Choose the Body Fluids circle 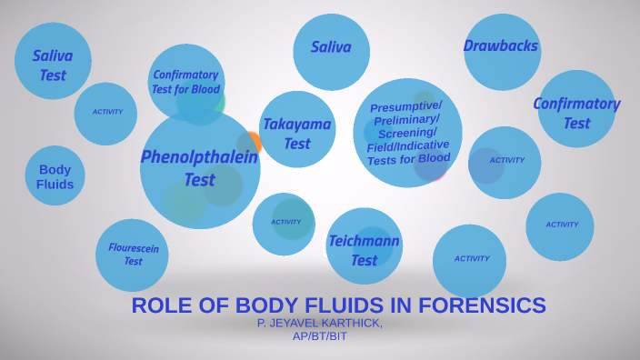point(55,176)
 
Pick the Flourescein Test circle point(133,255)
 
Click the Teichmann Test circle point(364,250)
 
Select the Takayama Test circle point(297,132)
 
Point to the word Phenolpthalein point(199,156)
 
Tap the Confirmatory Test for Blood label point(185,82)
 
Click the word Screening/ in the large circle point(409,133)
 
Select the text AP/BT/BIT point(319,335)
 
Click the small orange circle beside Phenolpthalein point(254,142)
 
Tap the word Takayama point(297,124)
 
